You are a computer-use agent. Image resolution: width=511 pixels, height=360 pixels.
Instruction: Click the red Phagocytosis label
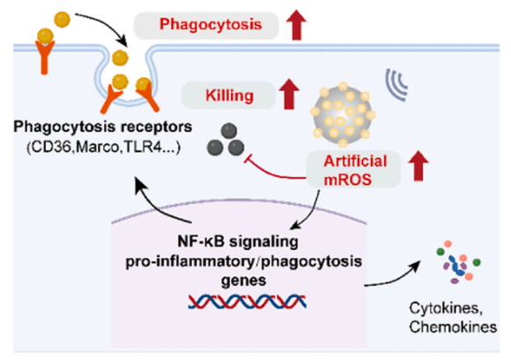click(211, 25)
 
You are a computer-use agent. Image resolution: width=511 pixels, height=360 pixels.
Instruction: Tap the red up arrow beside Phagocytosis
click(296, 25)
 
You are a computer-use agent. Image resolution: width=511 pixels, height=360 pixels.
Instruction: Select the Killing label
click(229, 96)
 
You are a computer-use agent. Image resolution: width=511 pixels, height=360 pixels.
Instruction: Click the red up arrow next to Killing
click(289, 94)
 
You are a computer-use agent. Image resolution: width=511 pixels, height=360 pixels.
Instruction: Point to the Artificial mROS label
click(355, 170)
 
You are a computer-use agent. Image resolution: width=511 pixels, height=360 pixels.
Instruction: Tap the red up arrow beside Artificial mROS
click(418, 165)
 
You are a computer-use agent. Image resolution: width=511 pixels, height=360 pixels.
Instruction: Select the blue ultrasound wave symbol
click(396, 84)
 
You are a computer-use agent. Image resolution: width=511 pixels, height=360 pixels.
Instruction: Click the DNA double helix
click(248, 301)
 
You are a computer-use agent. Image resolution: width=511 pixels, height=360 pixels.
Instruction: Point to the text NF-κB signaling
click(238, 241)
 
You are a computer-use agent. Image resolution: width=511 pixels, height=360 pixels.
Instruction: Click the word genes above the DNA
click(243, 280)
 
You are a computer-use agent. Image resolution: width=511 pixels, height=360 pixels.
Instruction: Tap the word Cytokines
click(446, 308)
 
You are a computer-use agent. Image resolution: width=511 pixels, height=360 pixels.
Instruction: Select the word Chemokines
click(453, 327)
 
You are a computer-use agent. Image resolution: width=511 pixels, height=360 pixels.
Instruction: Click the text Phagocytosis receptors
click(103, 127)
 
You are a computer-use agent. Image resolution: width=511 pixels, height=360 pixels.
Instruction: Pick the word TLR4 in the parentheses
click(143, 147)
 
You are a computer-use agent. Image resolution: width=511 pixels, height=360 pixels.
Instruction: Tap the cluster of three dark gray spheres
click(226, 140)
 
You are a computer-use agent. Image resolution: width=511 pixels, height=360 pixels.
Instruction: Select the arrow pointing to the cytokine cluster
click(392, 276)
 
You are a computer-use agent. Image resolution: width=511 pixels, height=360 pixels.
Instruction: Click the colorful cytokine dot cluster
click(458, 262)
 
